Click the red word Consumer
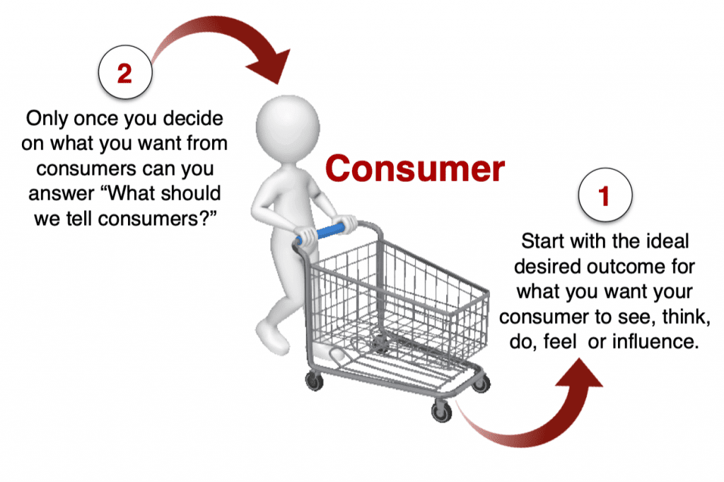coord(414,168)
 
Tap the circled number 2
coord(125,73)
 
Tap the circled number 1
coord(605,195)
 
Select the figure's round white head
coord(288,128)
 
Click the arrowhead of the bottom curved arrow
coord(580,372)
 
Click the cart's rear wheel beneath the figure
coord(315,381)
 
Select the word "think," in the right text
coord(686,317)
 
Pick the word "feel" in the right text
coord(560,342)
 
